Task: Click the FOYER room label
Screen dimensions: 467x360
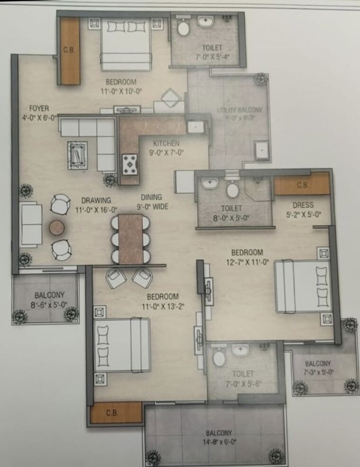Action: (39, 108)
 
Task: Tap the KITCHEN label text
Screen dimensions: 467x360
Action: (166, 143)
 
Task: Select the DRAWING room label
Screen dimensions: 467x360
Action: (96, 200)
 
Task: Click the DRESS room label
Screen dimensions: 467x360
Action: (303, 205)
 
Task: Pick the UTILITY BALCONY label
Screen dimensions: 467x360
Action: (239, 110)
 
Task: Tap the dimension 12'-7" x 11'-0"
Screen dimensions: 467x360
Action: (247, 261)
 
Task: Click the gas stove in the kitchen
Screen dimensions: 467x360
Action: (129, 163)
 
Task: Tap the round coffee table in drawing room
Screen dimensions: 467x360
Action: (57, 227)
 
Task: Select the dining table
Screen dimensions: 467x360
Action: (131, 238)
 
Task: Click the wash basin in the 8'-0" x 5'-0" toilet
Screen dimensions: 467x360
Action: (207, 183)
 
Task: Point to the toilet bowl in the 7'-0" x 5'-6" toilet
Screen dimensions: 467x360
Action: (219, 357)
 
